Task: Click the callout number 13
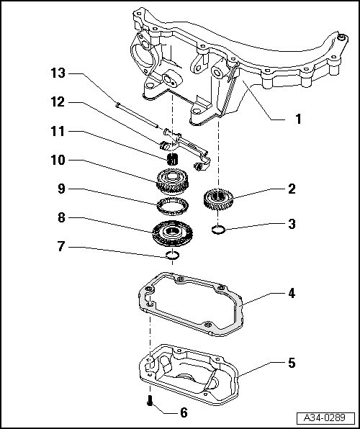pos(58,74)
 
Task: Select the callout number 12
pos(58,103)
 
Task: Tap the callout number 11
pos(58,132)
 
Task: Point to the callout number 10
pos(58,160)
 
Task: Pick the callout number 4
pos(292,294)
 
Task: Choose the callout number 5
pos(292,363)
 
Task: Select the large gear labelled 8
pos(173,232)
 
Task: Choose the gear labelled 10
pos(173,180)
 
